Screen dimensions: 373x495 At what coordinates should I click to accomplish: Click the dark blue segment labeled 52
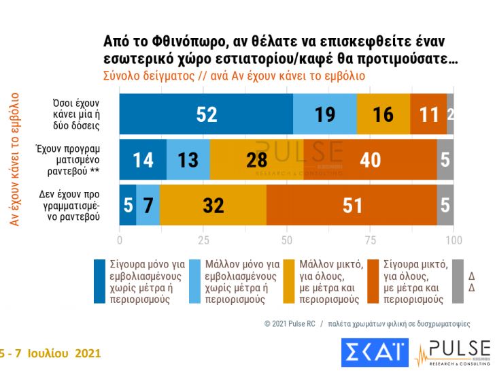tap(207, 114)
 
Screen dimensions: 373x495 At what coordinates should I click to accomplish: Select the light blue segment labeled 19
tap(325, 114)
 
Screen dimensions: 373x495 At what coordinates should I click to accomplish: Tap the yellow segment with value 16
tap(383, 114)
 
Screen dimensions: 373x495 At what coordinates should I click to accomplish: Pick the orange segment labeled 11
tap(428, 114)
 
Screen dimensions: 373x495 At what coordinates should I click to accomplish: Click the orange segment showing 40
tap(371, 159)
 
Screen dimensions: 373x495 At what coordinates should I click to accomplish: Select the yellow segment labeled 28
tap(257, 159)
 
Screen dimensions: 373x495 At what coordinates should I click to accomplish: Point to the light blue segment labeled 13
tap(188, 159)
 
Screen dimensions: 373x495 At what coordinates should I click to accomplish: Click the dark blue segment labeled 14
tap(143, 159)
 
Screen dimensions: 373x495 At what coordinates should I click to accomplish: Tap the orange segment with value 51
tap(352, 204)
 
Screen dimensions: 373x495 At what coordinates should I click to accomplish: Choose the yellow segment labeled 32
tap(213, 204)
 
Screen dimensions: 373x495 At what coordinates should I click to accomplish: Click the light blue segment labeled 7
tap(148, 204)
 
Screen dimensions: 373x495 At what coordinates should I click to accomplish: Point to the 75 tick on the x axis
tap(371, 240)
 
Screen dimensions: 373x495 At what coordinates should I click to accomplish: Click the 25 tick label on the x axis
tap(203, 240)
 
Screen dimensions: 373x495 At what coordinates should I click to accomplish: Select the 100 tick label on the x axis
tap(454, 240)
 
